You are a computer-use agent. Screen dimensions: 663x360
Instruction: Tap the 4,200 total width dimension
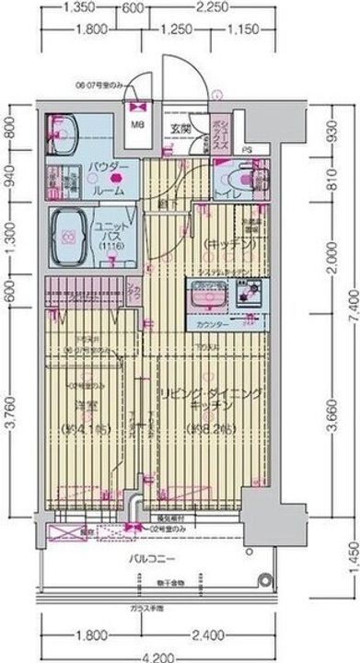pyautogui.click(x=180, y=655)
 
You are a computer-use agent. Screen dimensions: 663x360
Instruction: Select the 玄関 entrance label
pyautogui.click(x=180, y=130)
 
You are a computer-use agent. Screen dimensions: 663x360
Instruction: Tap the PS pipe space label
pyautogui.click(x=248, y=149)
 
